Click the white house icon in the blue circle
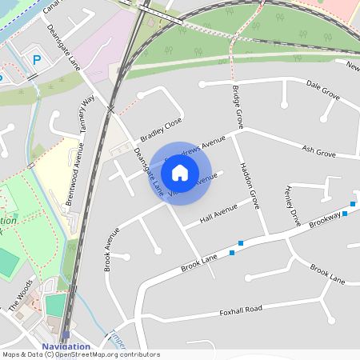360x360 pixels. (x=180, y=172)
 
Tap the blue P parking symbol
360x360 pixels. (x=36, y=61)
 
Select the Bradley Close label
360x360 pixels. (x=162, y=128)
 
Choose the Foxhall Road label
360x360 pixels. (x=241, y=310)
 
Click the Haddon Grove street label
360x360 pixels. (x=249, y=189)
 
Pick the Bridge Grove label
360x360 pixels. (x=237, y=107)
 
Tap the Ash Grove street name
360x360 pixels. (x=318, y=151)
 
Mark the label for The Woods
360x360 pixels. (x=21, y=295)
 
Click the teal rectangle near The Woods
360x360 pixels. (x=55, y=305)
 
